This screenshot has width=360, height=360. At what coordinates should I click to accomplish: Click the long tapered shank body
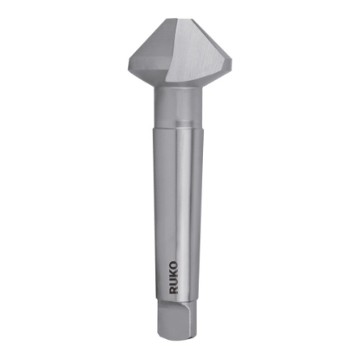(177, 208)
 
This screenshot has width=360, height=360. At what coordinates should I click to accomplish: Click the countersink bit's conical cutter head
(180, 52)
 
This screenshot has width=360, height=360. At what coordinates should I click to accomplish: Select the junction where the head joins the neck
(179, 87)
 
